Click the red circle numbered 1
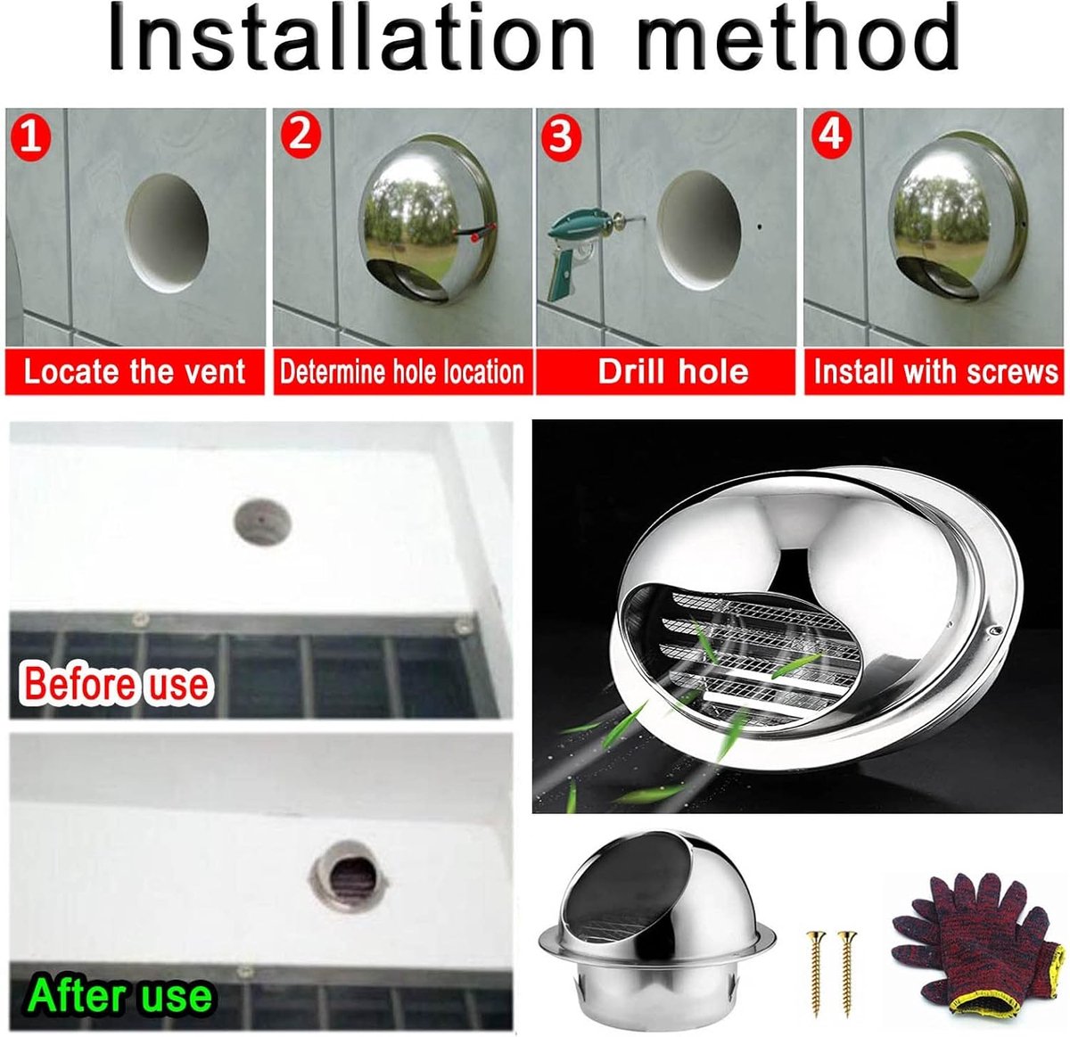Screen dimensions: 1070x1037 click(x=31, y=138)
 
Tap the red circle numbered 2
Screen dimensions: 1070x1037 click(x=300, y=136)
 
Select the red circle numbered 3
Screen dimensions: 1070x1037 click(x=561, y=136)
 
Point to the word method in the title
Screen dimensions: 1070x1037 click(x=798, y=37)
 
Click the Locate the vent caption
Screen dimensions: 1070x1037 click(x=135, y=372)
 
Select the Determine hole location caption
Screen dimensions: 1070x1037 click(x=402, y=372)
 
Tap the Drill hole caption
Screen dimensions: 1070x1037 click(x=673, y=372)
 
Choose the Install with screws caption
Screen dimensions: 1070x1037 click(x=936, y=372)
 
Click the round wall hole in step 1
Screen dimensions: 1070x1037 click(x=167, y=233)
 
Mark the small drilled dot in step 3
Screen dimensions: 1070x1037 click(x=760, y=226)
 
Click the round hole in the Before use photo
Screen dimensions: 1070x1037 click(x=262, y=522)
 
